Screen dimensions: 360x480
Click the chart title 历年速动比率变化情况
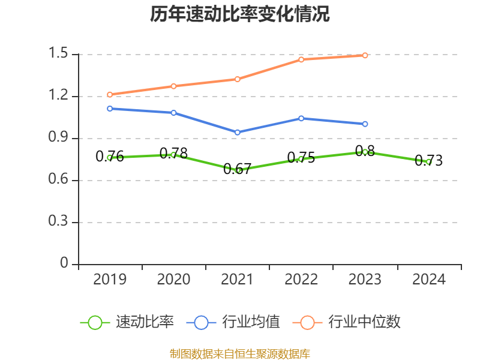click(x=240, y=14)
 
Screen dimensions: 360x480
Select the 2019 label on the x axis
click(x=110, y=280)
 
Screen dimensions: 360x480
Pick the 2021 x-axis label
click(x=238, y=280)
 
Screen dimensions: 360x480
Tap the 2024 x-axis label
click(x=429, y=280)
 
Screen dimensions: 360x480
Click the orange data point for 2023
click(x=365, y=55)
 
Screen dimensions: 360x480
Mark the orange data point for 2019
click(x=110, y=94)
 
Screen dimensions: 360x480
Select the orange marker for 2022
click(x=301, y=59)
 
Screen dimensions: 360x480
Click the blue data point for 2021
click(x=238, y=132)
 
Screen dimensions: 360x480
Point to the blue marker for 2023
click(x=365, y=124)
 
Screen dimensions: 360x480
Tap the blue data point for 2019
click(x=110, y=109)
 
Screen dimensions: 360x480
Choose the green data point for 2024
click(x=428, y=161)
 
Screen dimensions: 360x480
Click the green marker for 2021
click(x=238, y=170)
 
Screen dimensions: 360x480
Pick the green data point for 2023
click(x=365, y=152)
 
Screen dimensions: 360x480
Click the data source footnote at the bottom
click(x=240, y=353)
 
